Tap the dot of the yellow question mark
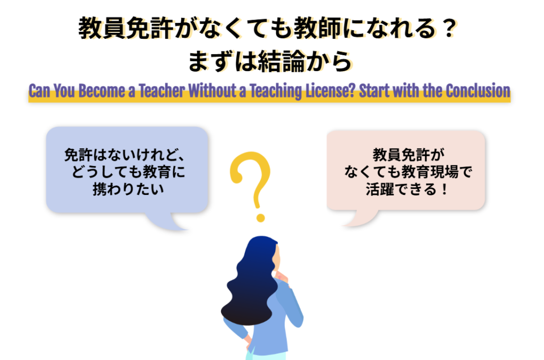click(x=260, y=217)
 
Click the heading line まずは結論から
click(x=270, y=62)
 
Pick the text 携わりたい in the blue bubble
click(x=127, y=188)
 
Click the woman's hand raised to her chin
click(x=280, y=276)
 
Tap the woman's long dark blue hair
click(x=250, y=287)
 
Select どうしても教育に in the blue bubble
click(x=127, y=172)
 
